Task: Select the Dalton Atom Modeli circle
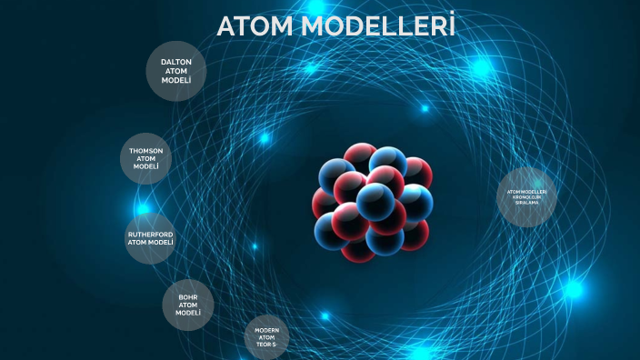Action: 176,71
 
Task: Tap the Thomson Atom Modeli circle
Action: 146,159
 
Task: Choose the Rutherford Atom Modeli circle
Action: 150,238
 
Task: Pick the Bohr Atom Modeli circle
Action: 188,305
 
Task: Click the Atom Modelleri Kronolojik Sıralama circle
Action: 527,197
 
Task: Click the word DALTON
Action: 176,62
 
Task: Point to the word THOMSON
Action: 146,150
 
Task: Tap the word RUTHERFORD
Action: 150,234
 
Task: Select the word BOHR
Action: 188,295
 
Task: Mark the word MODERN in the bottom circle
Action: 266,330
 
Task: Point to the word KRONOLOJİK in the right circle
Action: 527,197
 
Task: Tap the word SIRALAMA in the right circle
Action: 527,203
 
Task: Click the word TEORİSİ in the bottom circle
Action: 266,346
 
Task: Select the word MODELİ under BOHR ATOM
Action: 188,313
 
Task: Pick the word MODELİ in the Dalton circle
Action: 176,80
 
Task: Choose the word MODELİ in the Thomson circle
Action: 146,167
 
